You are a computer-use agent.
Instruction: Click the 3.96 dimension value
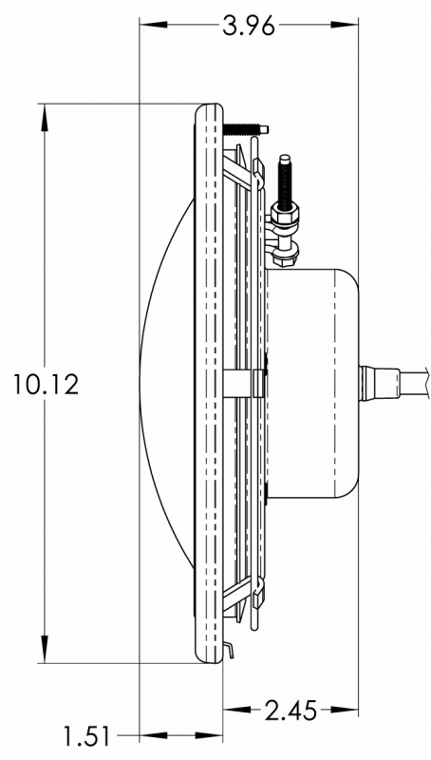pos(249,26)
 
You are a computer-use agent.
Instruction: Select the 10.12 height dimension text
pos(46,385)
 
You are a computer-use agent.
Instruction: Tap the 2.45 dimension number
pos(290,711)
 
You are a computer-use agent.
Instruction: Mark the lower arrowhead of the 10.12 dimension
pos(45,649)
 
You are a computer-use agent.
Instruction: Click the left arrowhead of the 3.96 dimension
pos(153,25)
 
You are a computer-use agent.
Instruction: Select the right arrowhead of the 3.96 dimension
pos(345,25)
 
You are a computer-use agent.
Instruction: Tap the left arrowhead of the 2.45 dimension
pos(236,710)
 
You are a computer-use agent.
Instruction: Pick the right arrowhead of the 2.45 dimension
pos(345,710)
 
